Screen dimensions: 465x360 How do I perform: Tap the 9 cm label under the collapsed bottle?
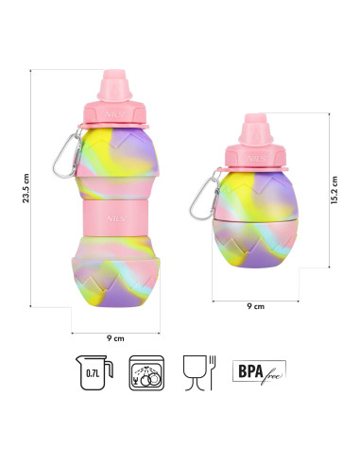coord(254,306)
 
